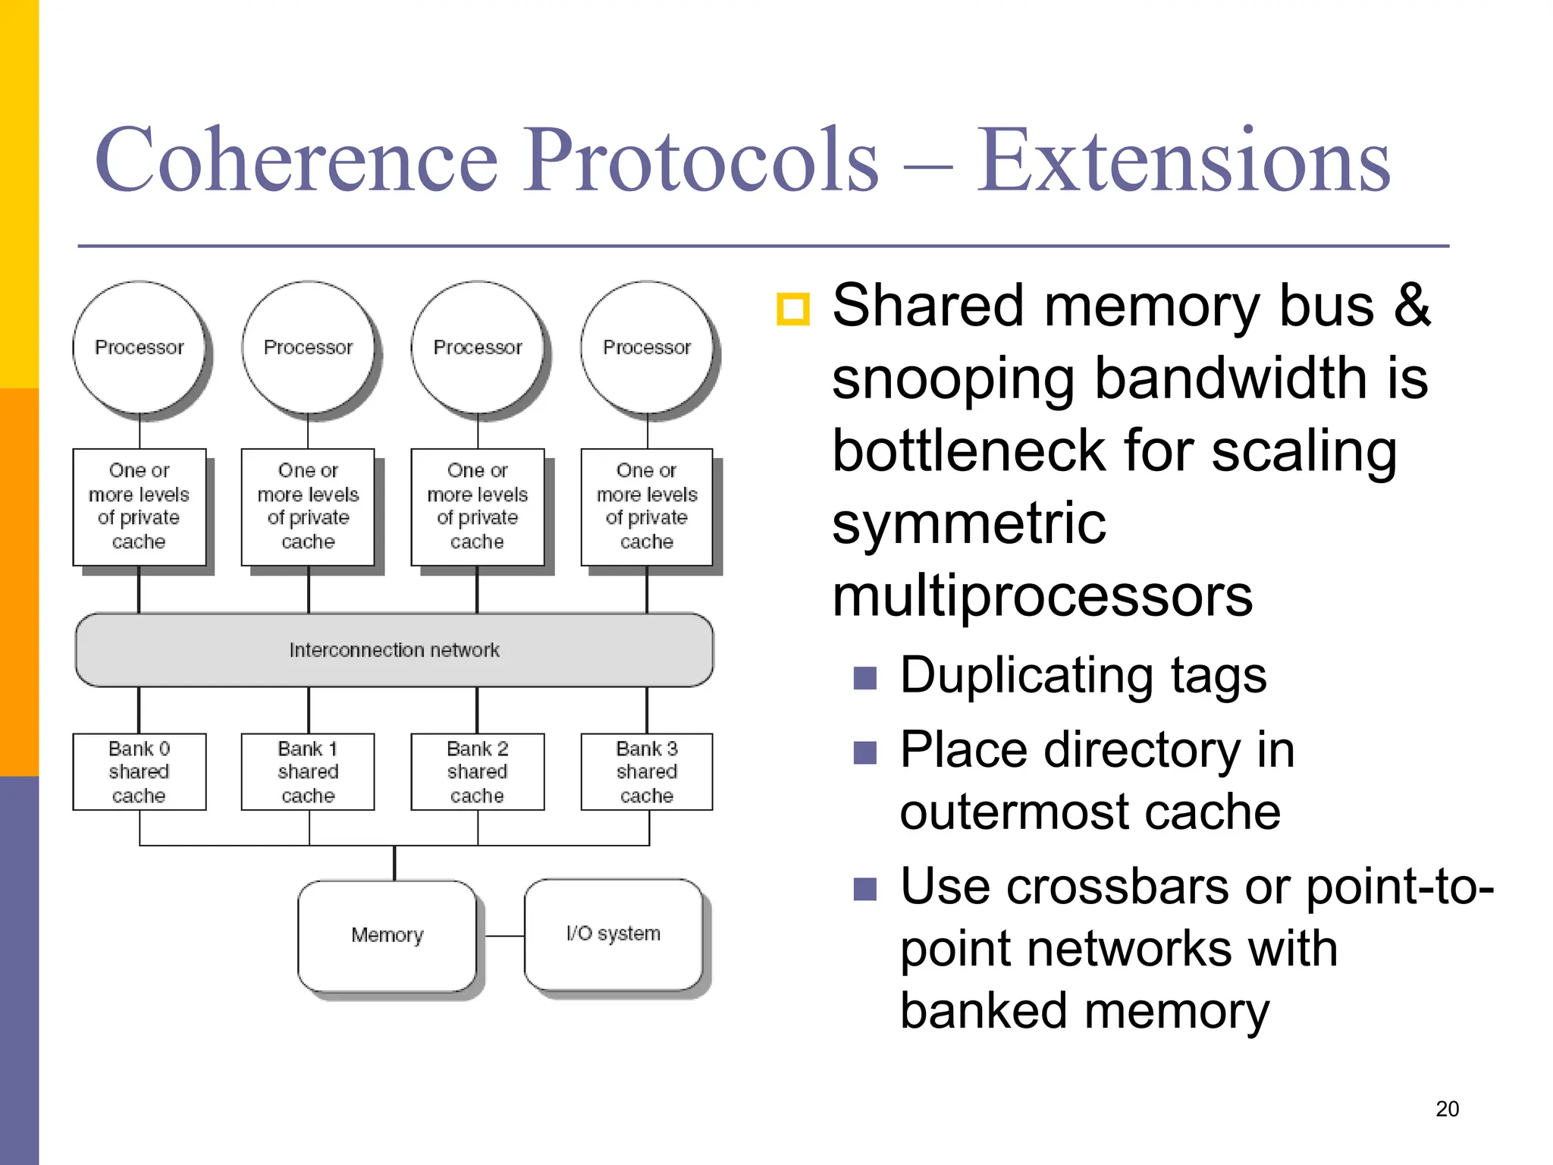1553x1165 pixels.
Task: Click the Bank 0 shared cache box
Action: pos(139,771)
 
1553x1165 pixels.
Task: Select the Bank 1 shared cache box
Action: pos(308,771)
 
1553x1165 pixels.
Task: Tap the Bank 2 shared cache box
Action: pos(477,771)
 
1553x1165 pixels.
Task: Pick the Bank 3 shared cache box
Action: pos(647,771)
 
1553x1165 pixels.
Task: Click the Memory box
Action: pos(387,935)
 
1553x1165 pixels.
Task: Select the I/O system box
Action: pos(613,934)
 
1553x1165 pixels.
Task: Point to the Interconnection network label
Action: pos(394,650)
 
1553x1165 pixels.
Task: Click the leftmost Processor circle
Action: pos(139,347)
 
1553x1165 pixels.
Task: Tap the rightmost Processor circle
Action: pos(647,347)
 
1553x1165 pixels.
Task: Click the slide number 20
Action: pos(1447,1109)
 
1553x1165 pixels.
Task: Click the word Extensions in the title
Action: pos(1183,161)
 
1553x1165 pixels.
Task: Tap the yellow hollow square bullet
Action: pos(793,309)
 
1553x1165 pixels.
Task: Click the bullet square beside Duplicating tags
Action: pos(864,677)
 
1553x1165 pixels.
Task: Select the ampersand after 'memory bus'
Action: pos(1412,306)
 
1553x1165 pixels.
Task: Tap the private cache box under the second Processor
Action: pos(308,507)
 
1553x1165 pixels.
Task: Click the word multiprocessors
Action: pos(1042,596)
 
